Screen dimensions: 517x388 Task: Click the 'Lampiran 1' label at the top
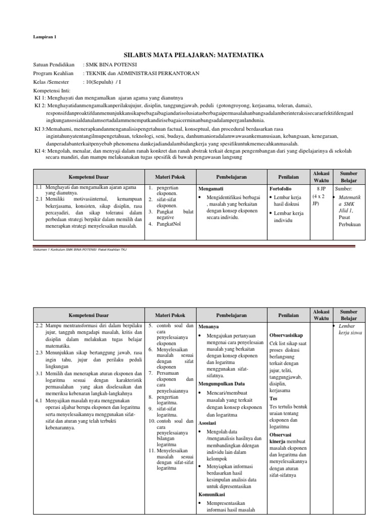[x=45, y=37]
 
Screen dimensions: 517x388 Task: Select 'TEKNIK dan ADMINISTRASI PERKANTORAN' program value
[x=141, y=73]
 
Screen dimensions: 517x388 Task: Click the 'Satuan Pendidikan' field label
[x=54, y=65]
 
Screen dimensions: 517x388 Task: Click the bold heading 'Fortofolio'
[x=281, y=188]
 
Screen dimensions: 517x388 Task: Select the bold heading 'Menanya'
[x=209, y=327]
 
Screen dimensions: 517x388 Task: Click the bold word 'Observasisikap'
[x=286, y=335]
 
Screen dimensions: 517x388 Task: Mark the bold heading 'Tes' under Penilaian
[x=273, y=398]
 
